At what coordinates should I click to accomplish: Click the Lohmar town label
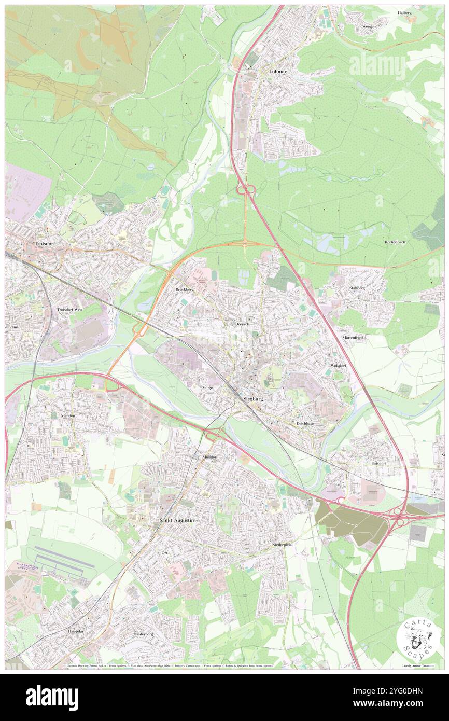pos(277,72)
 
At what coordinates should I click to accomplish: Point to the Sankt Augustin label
pos(176,520)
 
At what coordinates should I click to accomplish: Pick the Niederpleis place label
pos(282,545)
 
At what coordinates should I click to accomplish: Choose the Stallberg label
pos(357,287)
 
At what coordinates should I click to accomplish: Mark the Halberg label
pos(404,12)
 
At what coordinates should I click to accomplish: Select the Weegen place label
pos(369,26)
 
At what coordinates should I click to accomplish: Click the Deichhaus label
pos(305,423)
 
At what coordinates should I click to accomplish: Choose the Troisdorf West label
pos(69,309)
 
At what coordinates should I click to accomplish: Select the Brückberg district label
pos(184,289)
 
